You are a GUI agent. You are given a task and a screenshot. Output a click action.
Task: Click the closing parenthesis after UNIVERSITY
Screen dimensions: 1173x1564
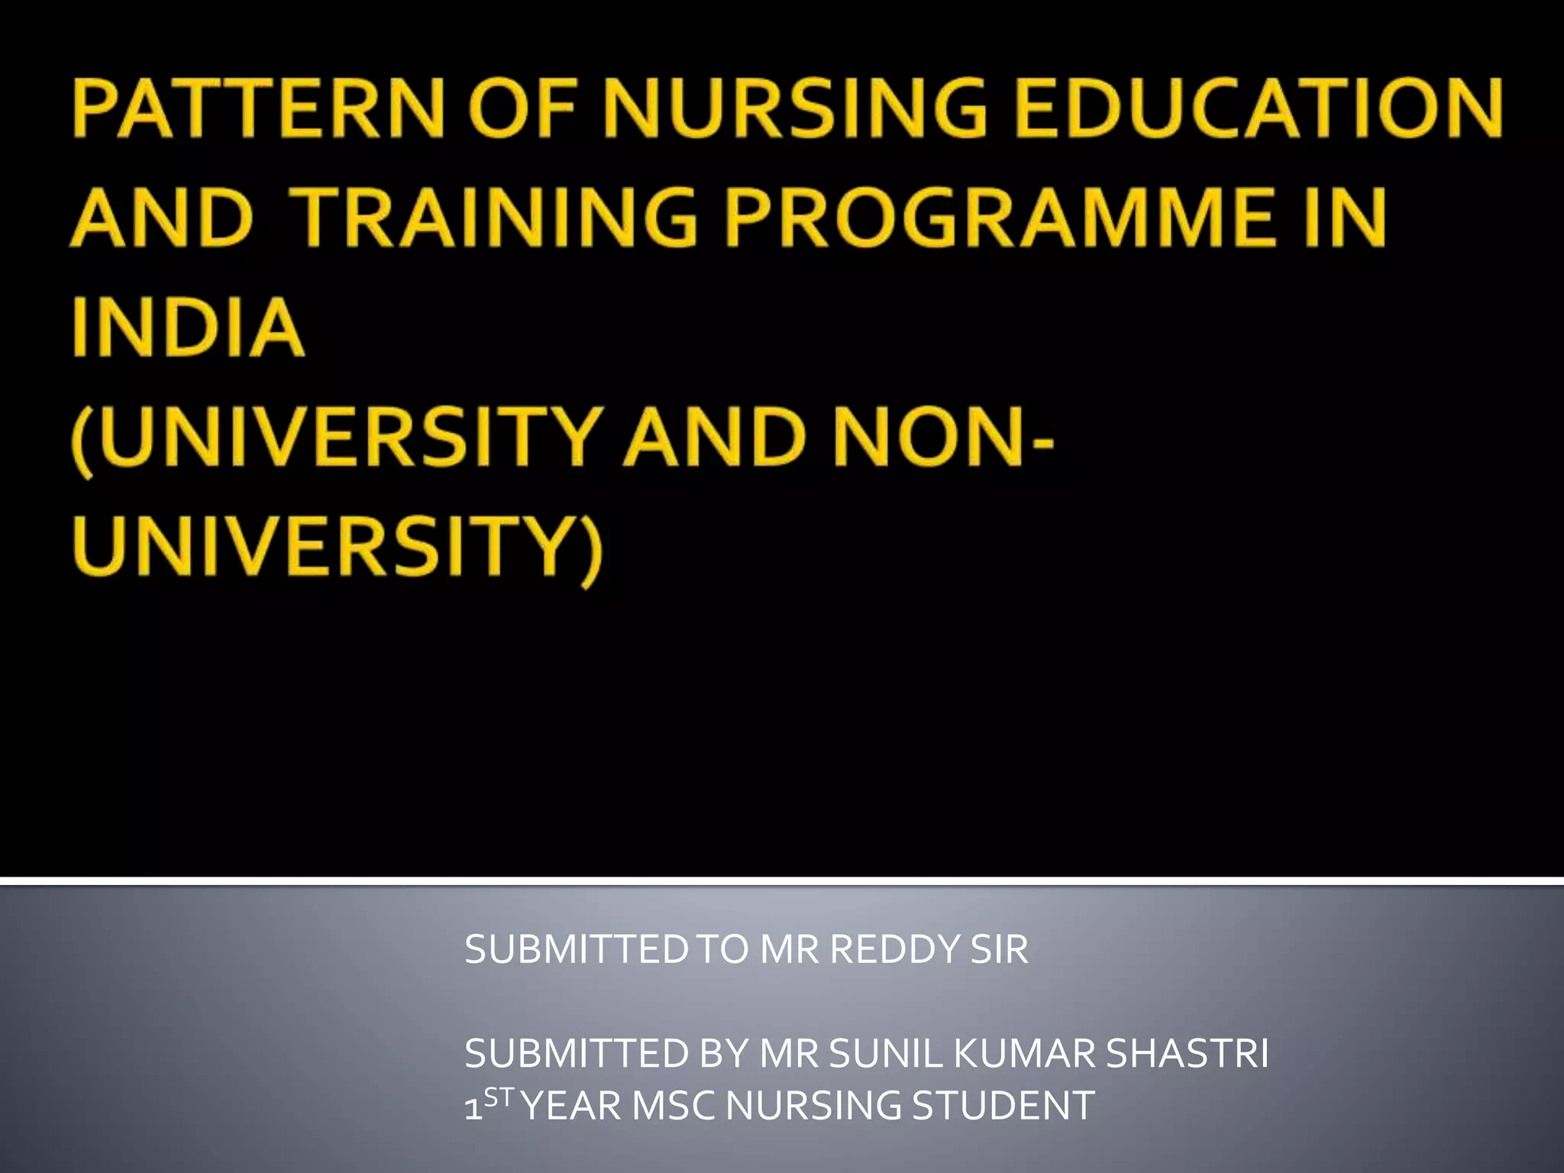590,550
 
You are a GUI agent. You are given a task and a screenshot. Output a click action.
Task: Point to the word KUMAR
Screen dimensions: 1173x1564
1025,1054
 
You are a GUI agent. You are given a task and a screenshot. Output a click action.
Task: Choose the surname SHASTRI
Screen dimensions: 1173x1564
1187,1054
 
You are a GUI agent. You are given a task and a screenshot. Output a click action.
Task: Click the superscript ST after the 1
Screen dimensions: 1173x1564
499,1097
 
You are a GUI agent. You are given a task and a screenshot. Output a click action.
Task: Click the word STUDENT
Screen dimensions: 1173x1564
1003,1106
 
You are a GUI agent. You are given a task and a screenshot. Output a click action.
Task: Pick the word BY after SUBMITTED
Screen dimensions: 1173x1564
723,1054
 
